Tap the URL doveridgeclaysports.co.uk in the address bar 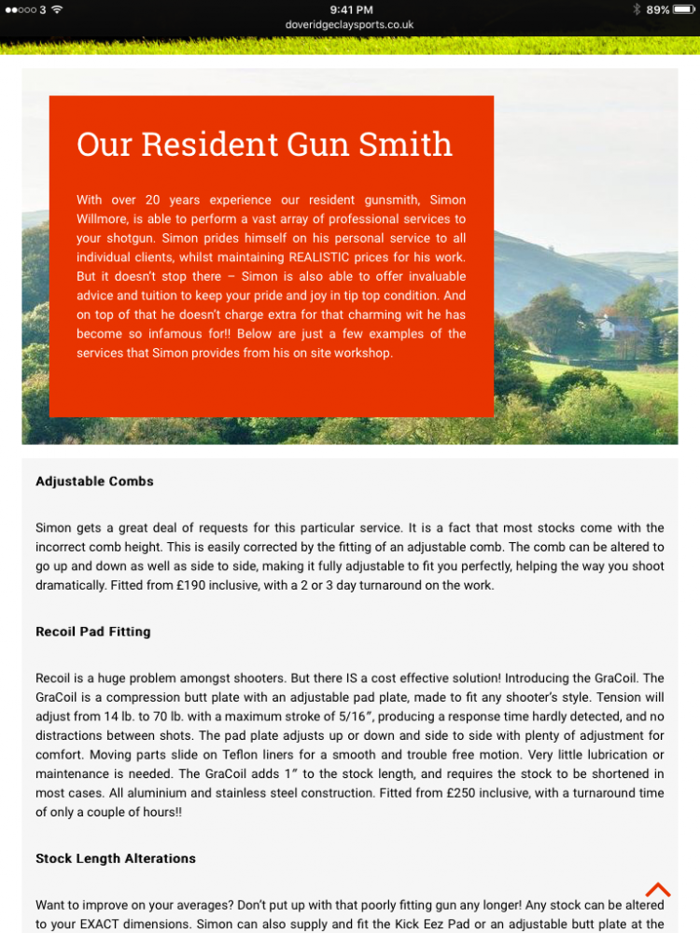(349, 25)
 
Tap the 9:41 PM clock (350, 9)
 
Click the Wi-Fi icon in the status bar (57, 9)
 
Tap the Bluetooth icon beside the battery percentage (637, 9)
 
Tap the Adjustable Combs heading (94, 481)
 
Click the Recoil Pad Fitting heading (92, 632)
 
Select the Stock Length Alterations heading (116, 858)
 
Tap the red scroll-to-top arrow (658, 889)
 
